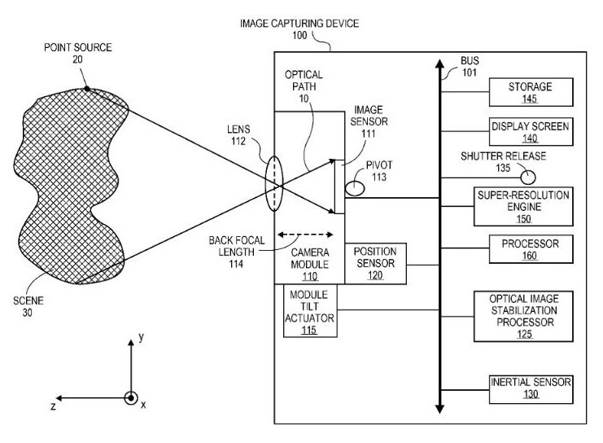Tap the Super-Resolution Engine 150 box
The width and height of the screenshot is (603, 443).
tap(533, 207)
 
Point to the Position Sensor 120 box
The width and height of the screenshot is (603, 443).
tap(374, 262)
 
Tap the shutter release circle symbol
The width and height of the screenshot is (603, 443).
tap(529, 176)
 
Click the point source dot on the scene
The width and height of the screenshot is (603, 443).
tap(87, 90)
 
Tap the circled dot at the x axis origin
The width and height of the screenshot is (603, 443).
tap(130, 398)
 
